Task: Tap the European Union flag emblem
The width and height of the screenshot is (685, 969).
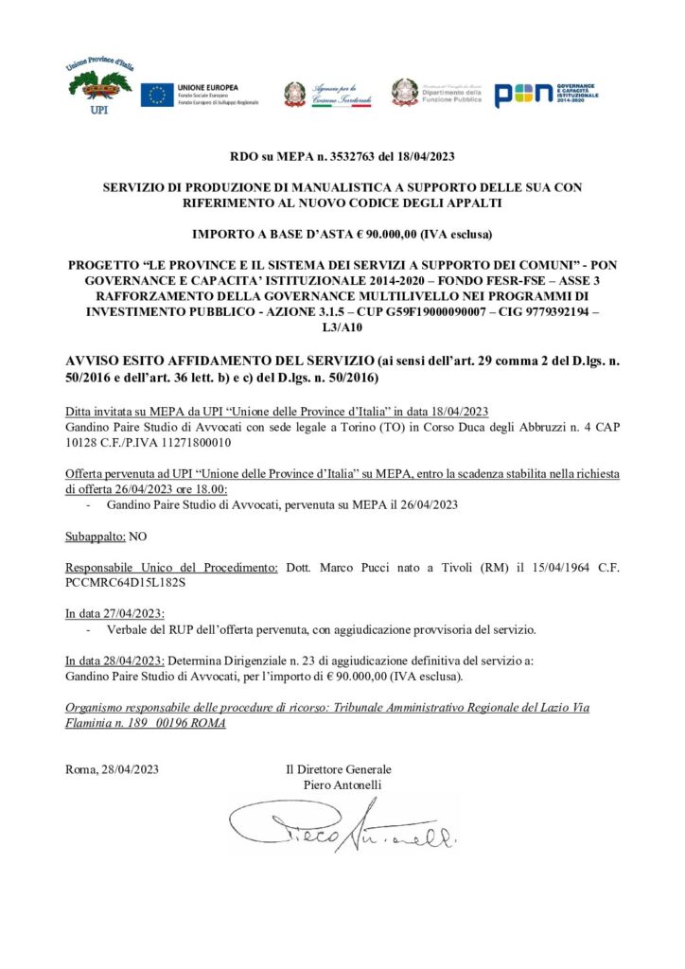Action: point(156,95)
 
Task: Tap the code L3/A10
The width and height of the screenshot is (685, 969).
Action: point(342,327)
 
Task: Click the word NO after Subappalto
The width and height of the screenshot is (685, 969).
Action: point(138,536)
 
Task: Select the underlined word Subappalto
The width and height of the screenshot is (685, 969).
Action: point(96,536)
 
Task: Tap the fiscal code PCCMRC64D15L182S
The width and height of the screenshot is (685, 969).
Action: point(116,582)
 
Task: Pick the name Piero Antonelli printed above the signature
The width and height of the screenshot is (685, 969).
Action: point(343,784)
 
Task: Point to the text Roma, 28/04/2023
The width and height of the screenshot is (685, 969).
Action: point(113,769)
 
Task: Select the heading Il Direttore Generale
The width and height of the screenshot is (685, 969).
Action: point(339,769)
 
